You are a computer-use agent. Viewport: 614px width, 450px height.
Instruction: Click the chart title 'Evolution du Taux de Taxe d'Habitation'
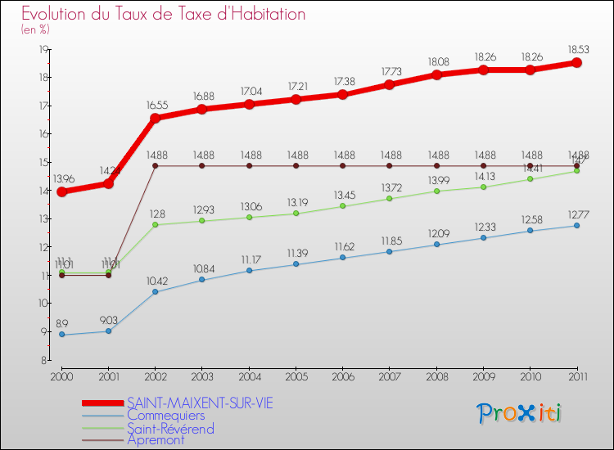point(164,14)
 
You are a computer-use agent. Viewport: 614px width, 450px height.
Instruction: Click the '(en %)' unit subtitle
point(35,29)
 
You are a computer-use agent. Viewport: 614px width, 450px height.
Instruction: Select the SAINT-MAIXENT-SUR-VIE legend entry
point(200,403)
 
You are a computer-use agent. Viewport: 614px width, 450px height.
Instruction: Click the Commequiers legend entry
point(165,416)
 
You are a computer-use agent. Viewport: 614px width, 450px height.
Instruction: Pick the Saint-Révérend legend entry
point(170,428)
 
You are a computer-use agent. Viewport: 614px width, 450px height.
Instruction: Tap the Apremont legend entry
point(156,440)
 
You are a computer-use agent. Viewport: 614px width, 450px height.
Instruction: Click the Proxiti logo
point(520,413)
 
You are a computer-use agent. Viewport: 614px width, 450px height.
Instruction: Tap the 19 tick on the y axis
point(43,49)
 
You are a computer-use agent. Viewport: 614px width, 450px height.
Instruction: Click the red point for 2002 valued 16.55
point(156,117)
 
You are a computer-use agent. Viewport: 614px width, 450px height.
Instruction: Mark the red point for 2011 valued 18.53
point(576,62)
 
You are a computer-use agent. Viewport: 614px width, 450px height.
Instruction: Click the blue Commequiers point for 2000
point(62,335)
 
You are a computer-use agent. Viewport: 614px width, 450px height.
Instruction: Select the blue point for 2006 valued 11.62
point(343,258)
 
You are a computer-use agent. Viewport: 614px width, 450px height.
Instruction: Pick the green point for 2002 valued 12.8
point(156,224)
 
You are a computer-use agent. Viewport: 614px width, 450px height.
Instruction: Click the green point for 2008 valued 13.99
point(436,191)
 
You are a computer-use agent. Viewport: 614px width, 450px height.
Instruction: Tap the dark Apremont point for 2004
point(249,166)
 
